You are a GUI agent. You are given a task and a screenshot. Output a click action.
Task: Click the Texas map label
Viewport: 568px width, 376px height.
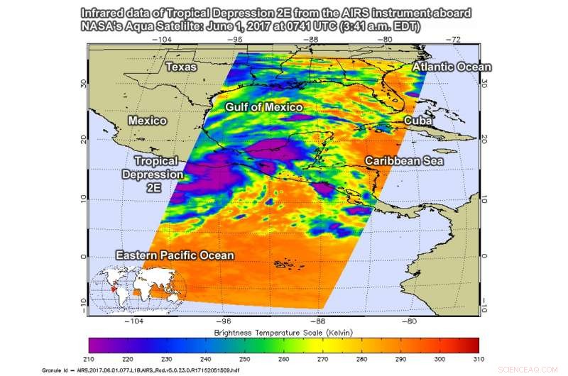181,67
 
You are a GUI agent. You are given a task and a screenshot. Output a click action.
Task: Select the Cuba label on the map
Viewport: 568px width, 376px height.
417,121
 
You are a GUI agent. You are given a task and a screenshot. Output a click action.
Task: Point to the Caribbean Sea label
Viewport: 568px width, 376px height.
404,162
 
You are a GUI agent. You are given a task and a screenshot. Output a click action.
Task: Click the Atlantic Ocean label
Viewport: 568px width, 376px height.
451,67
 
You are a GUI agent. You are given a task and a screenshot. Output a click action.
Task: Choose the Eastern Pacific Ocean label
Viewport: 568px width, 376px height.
175,255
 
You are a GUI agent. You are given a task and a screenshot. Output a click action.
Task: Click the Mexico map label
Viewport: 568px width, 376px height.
147,121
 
